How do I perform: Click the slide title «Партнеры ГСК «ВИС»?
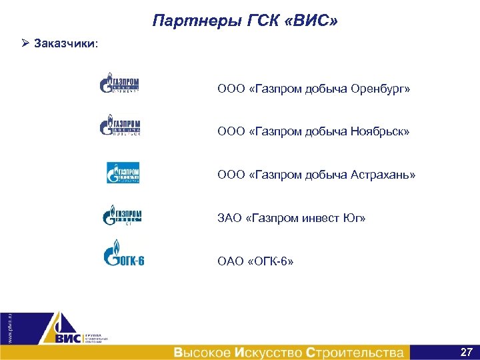[x=245, y=21]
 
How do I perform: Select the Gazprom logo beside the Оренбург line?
[x=119, y=84]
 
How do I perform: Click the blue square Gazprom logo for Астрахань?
[x=123, y=172]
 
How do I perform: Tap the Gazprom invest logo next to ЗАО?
[x=121, y=215]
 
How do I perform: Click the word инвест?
[x=316, y=218]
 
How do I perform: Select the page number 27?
[x=466, y=351]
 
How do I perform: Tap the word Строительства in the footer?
[x=355, y=352]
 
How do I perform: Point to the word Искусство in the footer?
[x=270, y=352]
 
